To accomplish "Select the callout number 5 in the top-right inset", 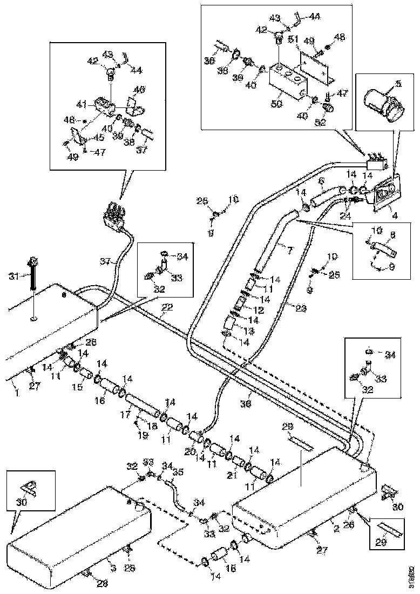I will [398, 83].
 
